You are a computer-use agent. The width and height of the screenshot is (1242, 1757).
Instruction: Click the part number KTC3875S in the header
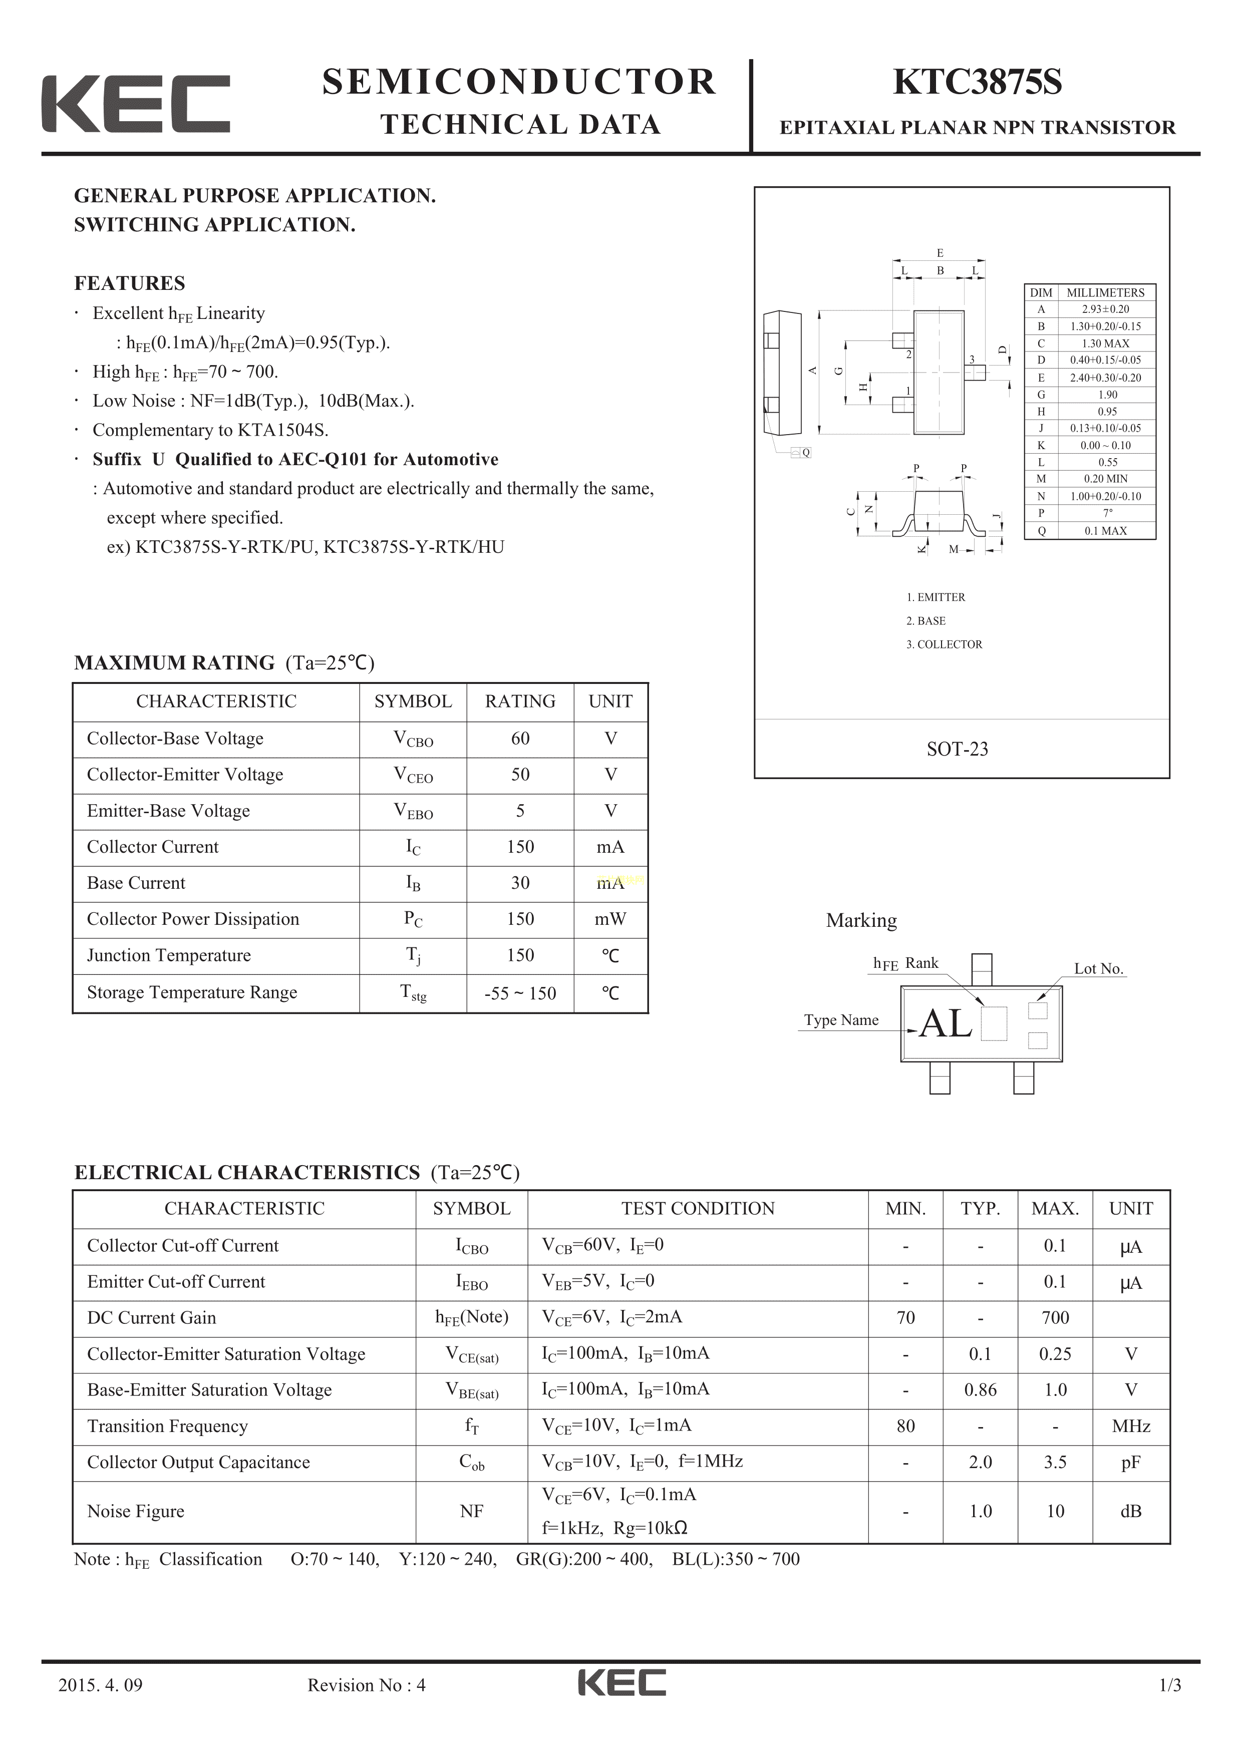click(977, 83)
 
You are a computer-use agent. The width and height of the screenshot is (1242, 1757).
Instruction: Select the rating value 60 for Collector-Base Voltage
click(520, 739)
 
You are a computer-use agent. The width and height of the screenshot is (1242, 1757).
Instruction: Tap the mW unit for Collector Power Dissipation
click(610, 919)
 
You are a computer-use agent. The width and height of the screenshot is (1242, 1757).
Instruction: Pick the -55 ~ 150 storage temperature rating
click(520, 993)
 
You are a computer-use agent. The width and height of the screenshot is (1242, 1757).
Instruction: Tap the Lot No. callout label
click(1098, 969)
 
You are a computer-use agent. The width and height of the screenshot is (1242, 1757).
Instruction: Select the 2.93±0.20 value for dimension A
click(1105, 309)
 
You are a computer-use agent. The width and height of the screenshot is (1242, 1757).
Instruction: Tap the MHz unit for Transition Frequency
click(1131, 1427)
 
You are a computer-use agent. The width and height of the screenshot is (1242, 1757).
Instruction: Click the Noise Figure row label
click(135, 1511)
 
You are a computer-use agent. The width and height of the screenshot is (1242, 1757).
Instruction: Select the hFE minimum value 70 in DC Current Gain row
click(905, 1318)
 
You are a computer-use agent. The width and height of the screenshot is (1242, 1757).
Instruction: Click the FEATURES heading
click(129, 283)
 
